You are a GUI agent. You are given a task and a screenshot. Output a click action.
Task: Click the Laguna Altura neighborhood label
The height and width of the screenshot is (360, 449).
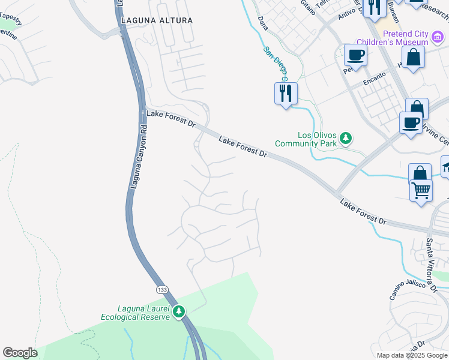[157, 20]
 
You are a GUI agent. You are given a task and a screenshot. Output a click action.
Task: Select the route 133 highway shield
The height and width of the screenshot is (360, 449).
[163, 290]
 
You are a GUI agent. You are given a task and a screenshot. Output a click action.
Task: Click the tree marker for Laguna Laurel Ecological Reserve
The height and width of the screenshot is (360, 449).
[179, 311]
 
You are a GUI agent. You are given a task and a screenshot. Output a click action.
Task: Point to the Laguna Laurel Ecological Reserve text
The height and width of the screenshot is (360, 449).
[135, 313]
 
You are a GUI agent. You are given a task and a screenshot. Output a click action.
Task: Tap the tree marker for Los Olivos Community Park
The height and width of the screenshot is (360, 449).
[345, 139]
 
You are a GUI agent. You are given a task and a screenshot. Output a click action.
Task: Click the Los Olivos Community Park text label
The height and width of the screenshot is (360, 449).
[306, 139]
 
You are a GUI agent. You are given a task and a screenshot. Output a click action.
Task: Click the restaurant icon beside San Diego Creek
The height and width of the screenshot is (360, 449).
[286, 93]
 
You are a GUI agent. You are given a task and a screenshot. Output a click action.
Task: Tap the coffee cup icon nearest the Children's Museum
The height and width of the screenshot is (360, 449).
[355, 55]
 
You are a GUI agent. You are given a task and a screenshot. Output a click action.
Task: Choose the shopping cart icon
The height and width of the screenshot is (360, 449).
[421, 190]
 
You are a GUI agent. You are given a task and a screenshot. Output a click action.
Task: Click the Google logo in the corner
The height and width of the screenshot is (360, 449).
[20, 353]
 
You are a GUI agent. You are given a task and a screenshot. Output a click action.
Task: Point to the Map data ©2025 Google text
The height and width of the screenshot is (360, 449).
[412, 355]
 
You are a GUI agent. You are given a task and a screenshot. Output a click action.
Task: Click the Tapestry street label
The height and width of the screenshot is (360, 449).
[10, 21]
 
